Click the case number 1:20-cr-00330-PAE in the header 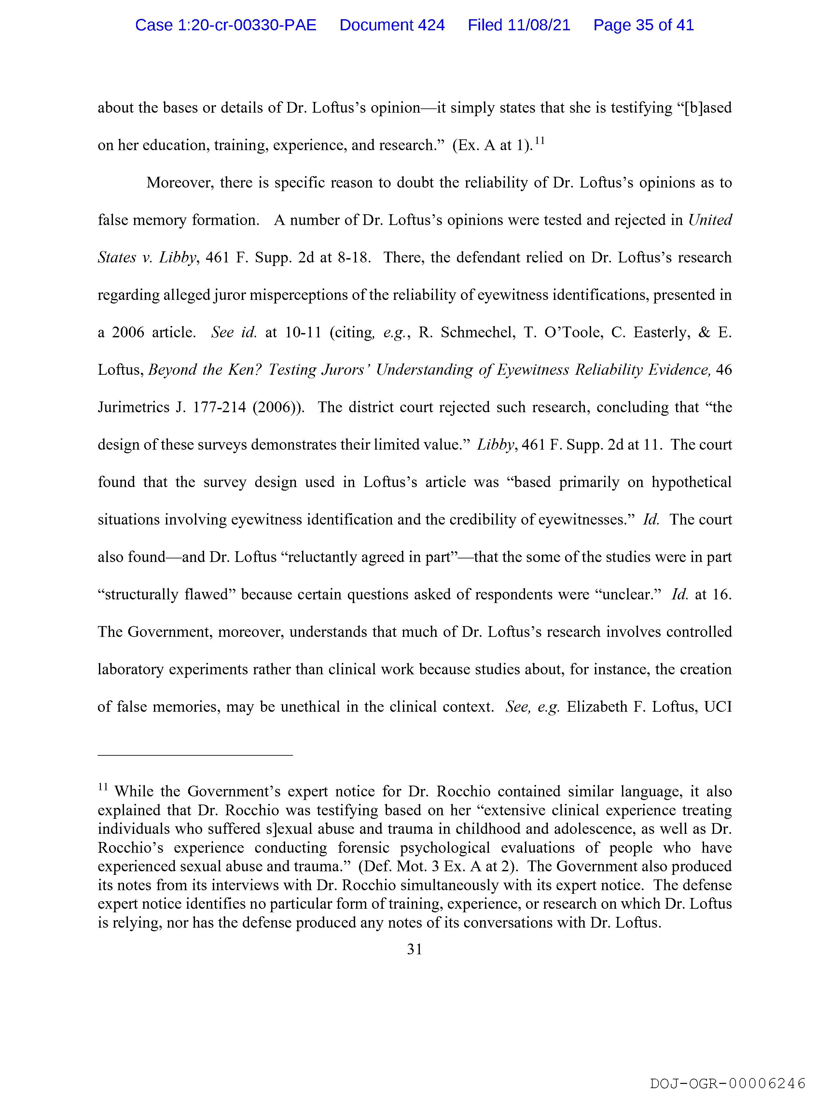(226, 25)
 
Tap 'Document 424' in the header (392, 25)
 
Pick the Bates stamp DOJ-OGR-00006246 (728, 1080)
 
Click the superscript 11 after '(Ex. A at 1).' (540, 141)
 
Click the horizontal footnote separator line (195, 755)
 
